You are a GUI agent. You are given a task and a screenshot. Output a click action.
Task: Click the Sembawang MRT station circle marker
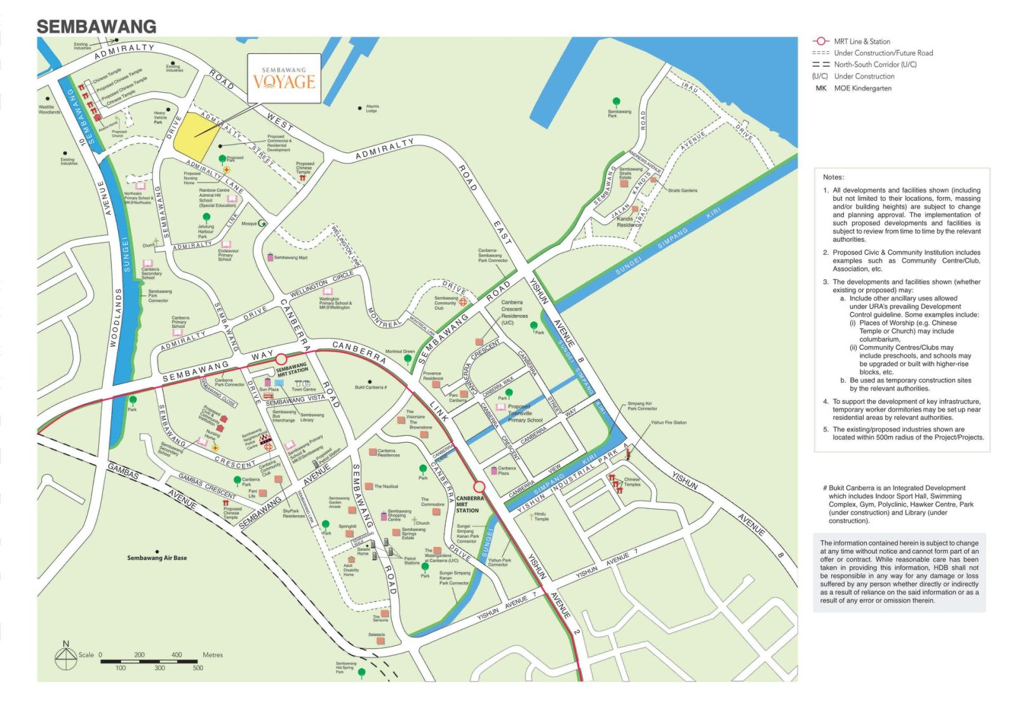pyautogui.click(x=281, y=359)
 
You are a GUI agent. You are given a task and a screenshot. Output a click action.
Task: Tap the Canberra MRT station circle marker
pyautogui.click(x=479, y=487)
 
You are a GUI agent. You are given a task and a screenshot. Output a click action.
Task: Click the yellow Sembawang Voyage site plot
pyautogui.click(x=196, y=138)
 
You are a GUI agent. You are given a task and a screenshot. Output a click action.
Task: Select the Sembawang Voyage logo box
pyautogui.click(x=284, y=78)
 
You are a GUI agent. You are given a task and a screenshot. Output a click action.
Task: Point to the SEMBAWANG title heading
pyautogui.click(x=97, y=27)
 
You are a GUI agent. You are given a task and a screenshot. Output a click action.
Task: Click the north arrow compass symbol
pyautogui.click(x=65, y=657)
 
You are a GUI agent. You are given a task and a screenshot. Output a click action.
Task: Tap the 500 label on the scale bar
pyautogui.click(x=198, y=668)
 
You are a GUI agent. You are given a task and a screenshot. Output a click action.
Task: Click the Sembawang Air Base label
pyautogui.click(x=157, y=558)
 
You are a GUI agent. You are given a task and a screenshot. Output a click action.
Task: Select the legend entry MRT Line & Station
pyautogui.click(x=862, y=41)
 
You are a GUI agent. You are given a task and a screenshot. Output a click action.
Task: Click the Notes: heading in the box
pyautogui.click(x=833, y=177)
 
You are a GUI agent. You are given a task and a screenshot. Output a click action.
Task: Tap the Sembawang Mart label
pyautogui.click(x=290, y=258)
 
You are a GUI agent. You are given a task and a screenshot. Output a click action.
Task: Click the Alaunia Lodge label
pyautogui.click(x=372, y=109)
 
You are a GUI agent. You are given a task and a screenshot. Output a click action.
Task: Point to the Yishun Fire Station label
pyautogui.click(x=668, y=422)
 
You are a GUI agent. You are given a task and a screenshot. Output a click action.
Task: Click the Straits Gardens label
pyautogui.click(x=682, y=191)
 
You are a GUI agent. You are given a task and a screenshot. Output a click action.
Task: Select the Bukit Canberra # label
pyautogui.click(x=371, y=387)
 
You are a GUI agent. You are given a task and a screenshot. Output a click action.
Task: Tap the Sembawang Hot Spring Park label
pyautogui.click(x=346, y=667)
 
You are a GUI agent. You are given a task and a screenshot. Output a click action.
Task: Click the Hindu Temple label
pyautogui.click(x=541, y=516)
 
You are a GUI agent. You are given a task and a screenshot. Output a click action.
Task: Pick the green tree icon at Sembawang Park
pyautogui.click(x=615, y=102)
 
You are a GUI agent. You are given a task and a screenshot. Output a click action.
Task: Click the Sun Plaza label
pyautogui.click(x=269, y=389)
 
